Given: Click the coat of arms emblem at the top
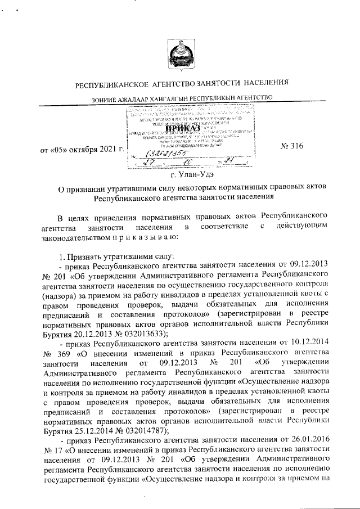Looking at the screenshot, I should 179,55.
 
